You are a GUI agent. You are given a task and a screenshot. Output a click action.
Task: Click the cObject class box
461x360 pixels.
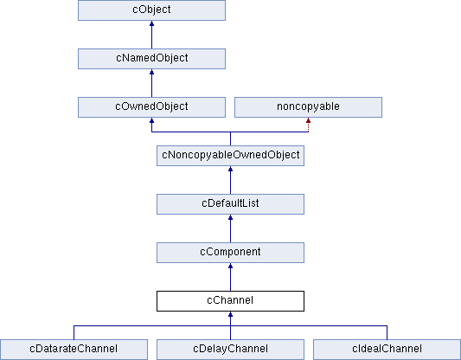[x=151, y=10]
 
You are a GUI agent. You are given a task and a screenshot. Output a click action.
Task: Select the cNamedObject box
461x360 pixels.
[x=151, y=59]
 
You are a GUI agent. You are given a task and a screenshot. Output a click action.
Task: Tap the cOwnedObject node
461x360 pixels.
[x=151, y=107]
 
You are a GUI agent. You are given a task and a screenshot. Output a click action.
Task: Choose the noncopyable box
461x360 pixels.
[x=308, y=107]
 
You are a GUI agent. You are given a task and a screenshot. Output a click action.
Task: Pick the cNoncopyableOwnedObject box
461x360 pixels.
[x=230, y=156]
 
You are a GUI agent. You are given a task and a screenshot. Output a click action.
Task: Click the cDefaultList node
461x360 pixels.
[x=230, y=204]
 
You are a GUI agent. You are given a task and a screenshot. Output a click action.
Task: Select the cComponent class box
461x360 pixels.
[x=230, y=253]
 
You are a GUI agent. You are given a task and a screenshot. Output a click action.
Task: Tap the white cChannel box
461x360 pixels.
[x=230, y=301]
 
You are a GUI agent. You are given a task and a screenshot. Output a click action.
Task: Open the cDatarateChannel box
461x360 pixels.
[x=74, y=350]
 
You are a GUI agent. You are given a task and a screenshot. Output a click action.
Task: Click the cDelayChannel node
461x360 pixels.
[x=230, y=350]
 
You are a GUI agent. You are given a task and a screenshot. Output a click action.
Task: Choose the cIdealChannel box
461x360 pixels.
[x=387, y=350]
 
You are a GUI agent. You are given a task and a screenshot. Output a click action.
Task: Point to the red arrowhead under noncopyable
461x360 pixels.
[x=308, y=120]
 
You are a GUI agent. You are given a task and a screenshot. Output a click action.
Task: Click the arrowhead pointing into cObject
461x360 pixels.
[x=151, y=23]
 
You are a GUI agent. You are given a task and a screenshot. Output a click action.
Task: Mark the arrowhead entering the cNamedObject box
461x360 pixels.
[x=151, y=72]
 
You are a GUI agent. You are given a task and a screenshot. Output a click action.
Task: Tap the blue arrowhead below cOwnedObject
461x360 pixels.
[x=151, y=120]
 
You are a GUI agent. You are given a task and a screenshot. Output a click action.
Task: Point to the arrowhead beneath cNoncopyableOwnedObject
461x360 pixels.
[x=230, y=169]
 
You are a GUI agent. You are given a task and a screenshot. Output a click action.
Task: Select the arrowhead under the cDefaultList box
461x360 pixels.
[x=230, y=218]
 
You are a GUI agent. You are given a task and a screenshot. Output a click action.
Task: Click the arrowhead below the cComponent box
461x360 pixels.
[x=230, y=267]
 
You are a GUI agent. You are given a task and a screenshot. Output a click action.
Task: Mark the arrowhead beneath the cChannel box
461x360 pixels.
[x=230, y=314]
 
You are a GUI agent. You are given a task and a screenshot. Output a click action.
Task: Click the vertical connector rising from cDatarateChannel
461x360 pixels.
[x=74, y=332]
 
